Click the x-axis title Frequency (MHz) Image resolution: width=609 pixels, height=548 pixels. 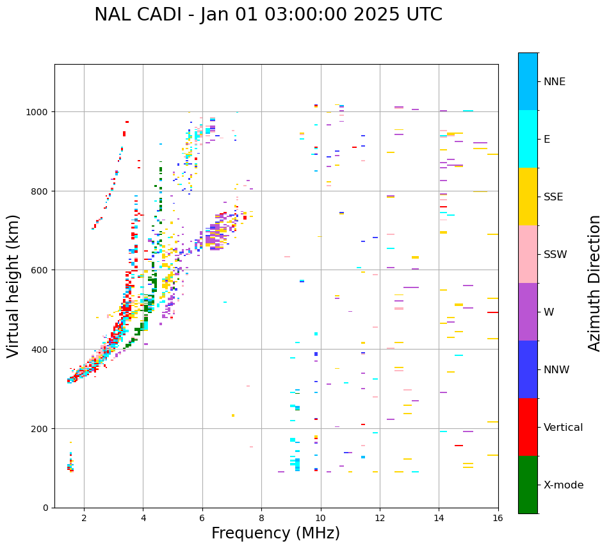(x=275, y=533)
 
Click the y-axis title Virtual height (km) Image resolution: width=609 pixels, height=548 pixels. (x=13, y=286)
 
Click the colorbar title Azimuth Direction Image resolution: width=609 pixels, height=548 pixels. (x=595, y=283)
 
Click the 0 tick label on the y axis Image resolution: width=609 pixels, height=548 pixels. (x=47, y=508)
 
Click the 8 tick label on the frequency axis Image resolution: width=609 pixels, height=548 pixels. (x=261, y=518)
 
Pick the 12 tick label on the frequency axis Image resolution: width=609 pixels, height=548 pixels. (x=380, y=518)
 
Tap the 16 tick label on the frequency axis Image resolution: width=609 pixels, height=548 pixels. (x=498, y=518)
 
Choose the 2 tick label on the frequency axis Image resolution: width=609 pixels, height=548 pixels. (x=84, y=518)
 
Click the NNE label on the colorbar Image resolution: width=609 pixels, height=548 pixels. (x=555, y=82)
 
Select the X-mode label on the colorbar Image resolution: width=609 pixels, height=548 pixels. (x=564, y=485)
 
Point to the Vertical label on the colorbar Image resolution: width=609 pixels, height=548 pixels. (x=564, y=428)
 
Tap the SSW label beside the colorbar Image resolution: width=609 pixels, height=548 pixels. (x=555, y=255)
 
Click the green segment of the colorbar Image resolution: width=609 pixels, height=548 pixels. (x=528, y=485)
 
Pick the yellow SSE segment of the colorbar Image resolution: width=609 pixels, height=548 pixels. (x=528, y=197)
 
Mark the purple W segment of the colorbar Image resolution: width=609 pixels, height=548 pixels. (x=528, y=312)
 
